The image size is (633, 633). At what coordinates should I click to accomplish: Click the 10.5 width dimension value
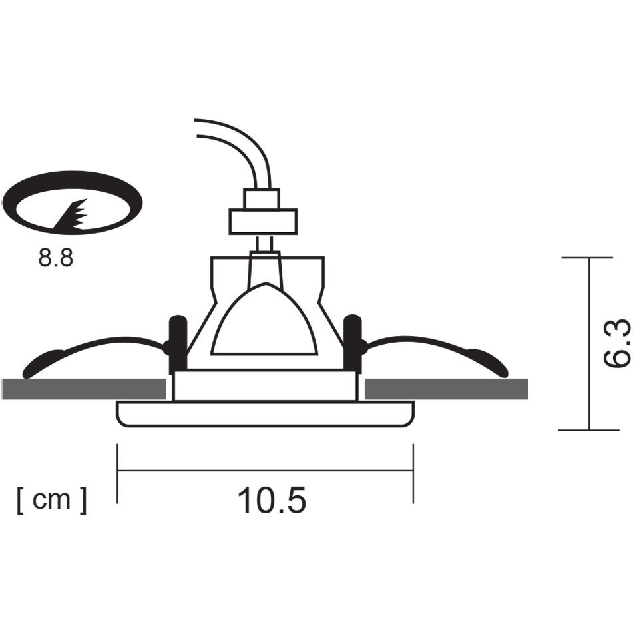click(x=272, y=500)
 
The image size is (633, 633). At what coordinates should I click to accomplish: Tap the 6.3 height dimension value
click(x=616, y=343)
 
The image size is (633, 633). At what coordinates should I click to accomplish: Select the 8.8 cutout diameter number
click(x=56, y=258)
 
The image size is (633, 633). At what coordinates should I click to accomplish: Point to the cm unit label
click(x=52, y=500)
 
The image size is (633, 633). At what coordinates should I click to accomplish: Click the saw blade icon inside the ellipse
click(x=71, y=216)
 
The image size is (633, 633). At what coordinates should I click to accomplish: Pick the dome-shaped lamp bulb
click(x=264, y=319)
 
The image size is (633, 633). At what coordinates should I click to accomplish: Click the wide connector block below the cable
click(x=263, y=222)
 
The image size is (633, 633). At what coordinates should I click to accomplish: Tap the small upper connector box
click(x=262, y=199)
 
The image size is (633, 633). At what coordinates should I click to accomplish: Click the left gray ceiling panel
click(x=84, y=389)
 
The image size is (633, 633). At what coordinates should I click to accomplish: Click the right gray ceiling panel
click(x=447, y=389)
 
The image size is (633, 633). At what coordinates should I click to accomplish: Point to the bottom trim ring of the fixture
click(x=265, y=414)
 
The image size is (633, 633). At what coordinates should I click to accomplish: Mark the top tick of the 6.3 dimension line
click(x=588, y=257)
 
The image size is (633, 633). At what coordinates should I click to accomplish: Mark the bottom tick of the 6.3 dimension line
click(x=588, y=430)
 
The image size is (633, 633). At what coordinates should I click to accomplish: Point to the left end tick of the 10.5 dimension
click(x=117, y=473)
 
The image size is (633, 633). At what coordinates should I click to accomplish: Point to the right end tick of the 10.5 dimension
click(x=413, y=473)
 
